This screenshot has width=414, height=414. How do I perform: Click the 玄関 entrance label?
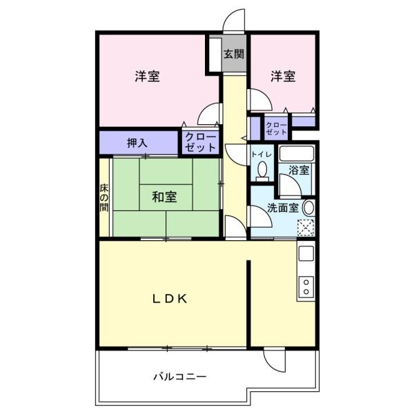tap(234, 54)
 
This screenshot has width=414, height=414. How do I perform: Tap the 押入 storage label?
tap(137, 144)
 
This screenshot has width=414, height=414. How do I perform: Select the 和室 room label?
tap(164, 197)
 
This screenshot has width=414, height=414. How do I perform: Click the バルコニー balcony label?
tap(179, 377)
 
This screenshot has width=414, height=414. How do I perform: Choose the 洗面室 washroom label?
tap(283, 206)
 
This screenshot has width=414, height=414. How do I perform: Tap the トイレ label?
tap(262, 154)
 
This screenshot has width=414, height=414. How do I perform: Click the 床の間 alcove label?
tap(104, 199)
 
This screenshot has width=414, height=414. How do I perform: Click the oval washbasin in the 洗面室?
tap(308, 206)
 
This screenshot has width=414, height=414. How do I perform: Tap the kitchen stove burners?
tap(306, 286)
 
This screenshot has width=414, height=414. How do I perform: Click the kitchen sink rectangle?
tap(305, 254)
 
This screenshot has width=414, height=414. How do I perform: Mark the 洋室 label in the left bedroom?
tap(147, 77)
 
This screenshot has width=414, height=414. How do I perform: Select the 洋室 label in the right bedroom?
tap(282, 76)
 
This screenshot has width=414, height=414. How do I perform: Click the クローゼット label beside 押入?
tap(200, 143)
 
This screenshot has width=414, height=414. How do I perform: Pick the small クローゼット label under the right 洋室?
tap(277, 128)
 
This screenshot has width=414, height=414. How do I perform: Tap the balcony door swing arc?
tap(274, 360)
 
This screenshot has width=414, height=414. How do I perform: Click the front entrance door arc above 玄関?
tap(235, 21)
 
